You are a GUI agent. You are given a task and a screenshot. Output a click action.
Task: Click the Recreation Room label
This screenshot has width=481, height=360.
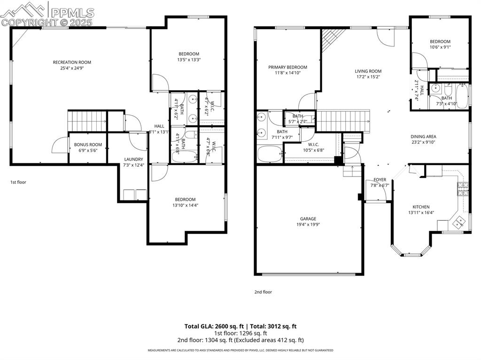click(x=71, y=62)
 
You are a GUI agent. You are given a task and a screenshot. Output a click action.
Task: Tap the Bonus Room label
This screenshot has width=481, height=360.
click(x=88, y=145)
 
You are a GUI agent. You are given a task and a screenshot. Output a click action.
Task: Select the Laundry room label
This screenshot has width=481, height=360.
click(x=133, y=159)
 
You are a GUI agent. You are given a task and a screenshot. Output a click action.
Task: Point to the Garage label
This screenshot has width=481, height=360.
click(x=308, y=219)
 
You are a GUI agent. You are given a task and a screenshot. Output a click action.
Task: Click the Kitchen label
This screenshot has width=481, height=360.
click(x=421, y=207)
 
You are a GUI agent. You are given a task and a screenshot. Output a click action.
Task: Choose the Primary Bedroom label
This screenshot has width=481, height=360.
click(x=287, y=67)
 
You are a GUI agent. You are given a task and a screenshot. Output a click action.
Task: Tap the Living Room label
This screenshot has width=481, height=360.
click(x=368, y=71)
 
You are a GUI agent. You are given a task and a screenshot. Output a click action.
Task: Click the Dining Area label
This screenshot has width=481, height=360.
click(x=423, y=137)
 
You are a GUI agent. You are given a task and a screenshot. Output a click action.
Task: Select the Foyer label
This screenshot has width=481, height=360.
click(x=380, y=180)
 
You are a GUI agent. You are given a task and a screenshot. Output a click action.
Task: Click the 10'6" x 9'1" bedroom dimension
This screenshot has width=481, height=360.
click(x=440, y=47)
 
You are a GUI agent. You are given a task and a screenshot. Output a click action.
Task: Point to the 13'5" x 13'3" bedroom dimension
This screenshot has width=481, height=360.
click(x=188, y=60)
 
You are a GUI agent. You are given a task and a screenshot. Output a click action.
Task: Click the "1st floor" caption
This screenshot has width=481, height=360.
click(x=18, y=182)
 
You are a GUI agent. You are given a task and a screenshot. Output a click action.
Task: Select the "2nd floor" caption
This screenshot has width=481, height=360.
click(x=263, y=292)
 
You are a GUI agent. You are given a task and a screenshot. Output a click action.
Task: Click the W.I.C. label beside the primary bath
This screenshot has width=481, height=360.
click(x=314, y=144)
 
